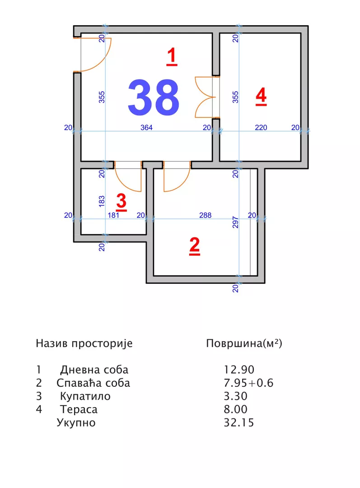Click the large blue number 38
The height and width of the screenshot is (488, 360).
[154, 98]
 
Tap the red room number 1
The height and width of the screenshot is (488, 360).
[172, 57]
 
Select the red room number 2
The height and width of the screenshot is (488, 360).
[194, 246]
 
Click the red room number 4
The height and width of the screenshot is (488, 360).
[261, 96]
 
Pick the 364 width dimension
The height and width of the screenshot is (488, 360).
[146, 128]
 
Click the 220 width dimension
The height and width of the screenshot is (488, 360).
[261, 128]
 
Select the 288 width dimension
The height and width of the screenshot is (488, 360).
[205, 216]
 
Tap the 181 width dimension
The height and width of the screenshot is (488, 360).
[113, 216]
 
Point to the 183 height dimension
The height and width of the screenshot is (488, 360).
[102, 200]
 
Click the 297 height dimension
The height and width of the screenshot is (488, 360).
[235, 222]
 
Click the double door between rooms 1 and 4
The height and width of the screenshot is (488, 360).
[206, 97]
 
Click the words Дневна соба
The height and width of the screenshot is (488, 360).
[94, 370]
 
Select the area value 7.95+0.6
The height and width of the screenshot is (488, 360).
[248, 383]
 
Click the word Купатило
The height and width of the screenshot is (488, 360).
[85, 397]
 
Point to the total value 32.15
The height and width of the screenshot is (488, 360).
[238, 423]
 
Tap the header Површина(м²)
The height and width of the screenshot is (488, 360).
[244, 343]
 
